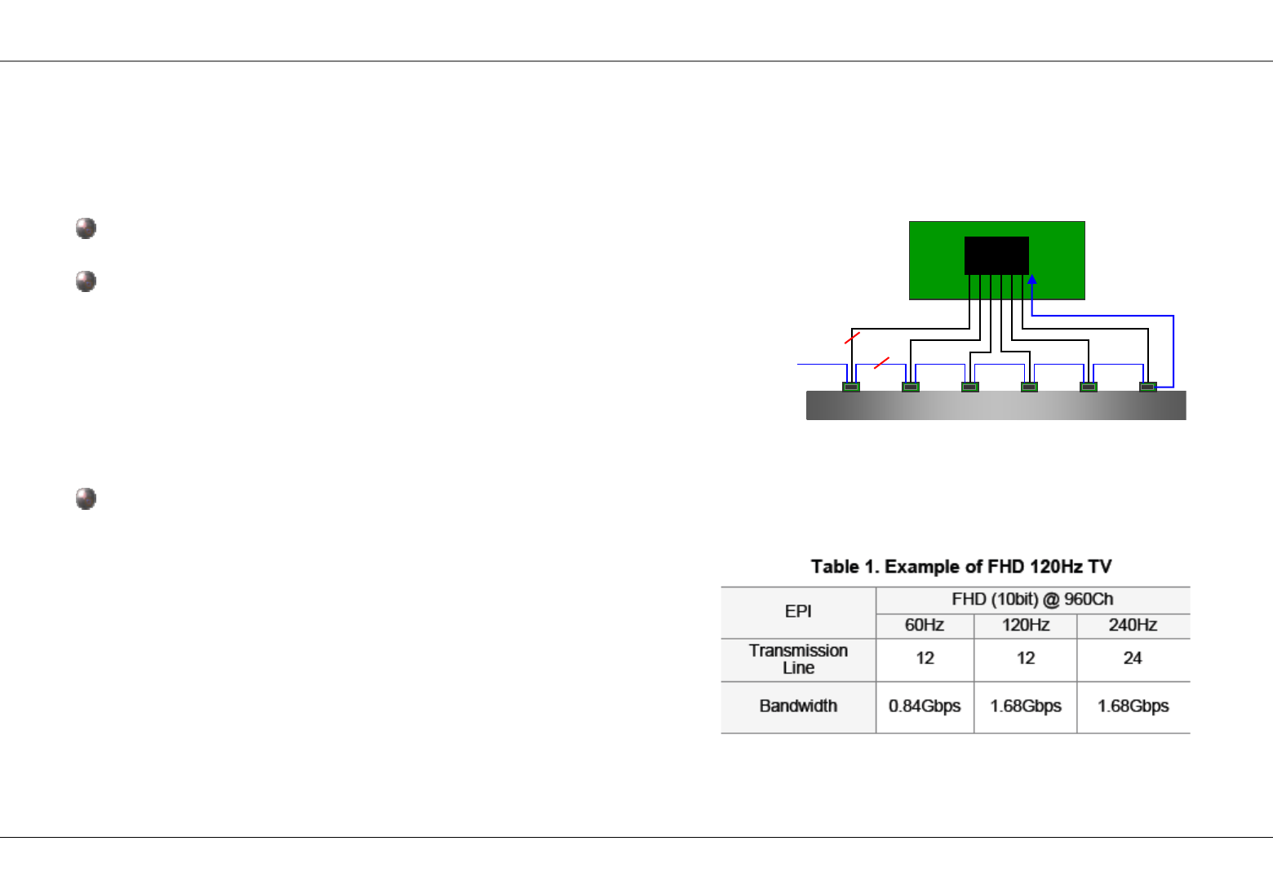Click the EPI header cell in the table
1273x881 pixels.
(798, 612)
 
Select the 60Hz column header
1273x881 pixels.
(925, 626)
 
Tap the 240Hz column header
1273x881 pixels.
(1133, 626)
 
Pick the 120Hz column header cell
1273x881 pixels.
(1026, 626)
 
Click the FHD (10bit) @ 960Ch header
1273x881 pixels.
(1032, 600)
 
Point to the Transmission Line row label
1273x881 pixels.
(798, 659)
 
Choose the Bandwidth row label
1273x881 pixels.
(798, 706)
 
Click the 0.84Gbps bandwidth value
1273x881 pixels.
(925, 706)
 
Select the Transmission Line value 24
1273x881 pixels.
(1133, 658)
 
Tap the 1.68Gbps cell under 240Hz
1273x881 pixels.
(1133, 706)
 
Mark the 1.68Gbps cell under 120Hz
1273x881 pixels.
(1026, 706)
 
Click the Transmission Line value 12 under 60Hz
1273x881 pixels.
(925, 658)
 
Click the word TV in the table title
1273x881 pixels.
(1100, 567)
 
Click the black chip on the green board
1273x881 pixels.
(996, 255)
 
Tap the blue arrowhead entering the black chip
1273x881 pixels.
(1032, 280)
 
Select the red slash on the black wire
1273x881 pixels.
(852, 337)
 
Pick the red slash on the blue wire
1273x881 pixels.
(881, 362)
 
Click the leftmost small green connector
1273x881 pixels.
(851, 387)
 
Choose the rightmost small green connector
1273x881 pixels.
(1148, 387)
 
